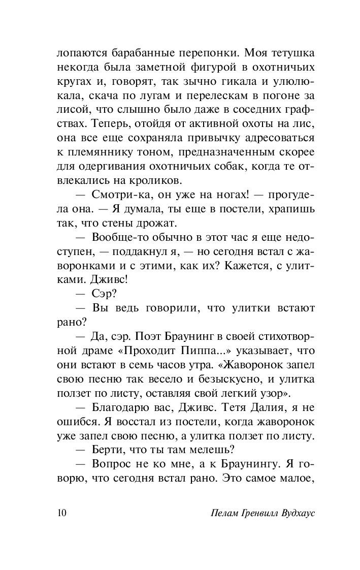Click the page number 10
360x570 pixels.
tap(62, 512)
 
